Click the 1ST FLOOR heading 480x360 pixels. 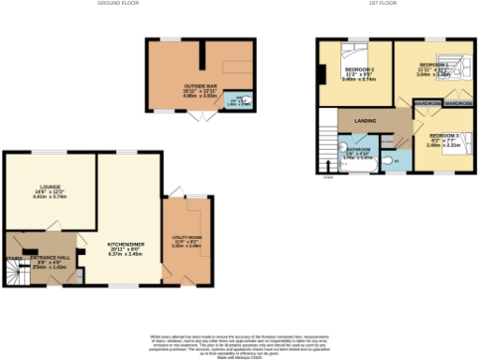[x=382, y=4]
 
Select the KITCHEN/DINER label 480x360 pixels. [x=123, y=247]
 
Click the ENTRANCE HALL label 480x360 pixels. [x=51, y=261]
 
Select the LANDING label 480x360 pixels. [x=365, y=121]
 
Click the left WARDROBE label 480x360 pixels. [x=427, y=102]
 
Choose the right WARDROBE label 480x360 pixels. [x=458, y=102]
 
